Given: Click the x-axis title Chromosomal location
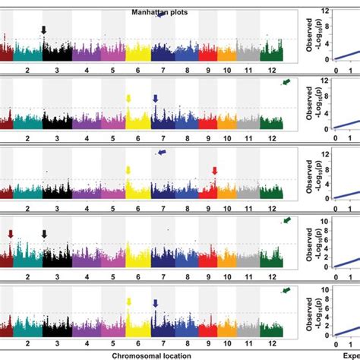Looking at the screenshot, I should point(149,355).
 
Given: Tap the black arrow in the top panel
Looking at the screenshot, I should point(44,30).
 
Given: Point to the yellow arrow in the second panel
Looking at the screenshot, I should point(128,99).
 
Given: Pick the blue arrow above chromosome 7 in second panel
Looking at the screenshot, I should point(155,99).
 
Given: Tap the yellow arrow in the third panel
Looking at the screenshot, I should point(128,170).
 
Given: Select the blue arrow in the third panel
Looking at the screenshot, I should point(163,153).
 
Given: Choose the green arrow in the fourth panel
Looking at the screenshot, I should point(286,220).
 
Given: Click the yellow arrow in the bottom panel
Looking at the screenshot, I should point(128,302).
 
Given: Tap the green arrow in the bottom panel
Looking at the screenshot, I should point(286,290).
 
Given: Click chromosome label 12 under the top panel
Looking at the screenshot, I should point(270,67).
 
